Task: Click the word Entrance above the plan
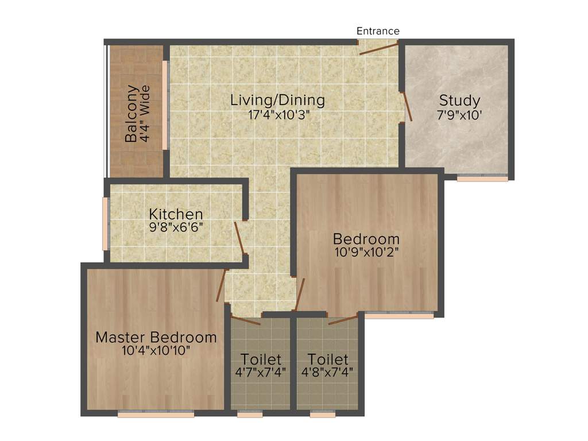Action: (x=378, y=31)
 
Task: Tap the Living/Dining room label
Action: (x=277, y=100)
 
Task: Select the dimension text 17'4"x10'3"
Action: (x=277, y=114)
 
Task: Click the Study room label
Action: (x=459, y=100)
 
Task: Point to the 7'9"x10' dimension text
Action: (x=459, y=114)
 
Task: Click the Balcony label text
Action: (x=131, y=113)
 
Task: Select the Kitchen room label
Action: (x=176, y=214)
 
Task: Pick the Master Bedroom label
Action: (x=156, y=337)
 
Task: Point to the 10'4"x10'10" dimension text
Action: (x=156, y=350)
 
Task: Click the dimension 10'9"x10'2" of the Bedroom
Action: (x=366, y=252)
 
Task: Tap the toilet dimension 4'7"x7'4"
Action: (x=261, y=372)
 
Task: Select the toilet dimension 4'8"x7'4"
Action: (x=327, y=372)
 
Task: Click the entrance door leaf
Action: (x=378, y=48)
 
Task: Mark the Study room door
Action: (x=407, y=106)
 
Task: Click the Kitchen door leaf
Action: (x=240, y=238)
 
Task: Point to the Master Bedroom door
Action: (x=220, y=285)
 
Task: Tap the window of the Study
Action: (x=482, y=179)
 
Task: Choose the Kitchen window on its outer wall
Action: (x=106, y=224)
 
